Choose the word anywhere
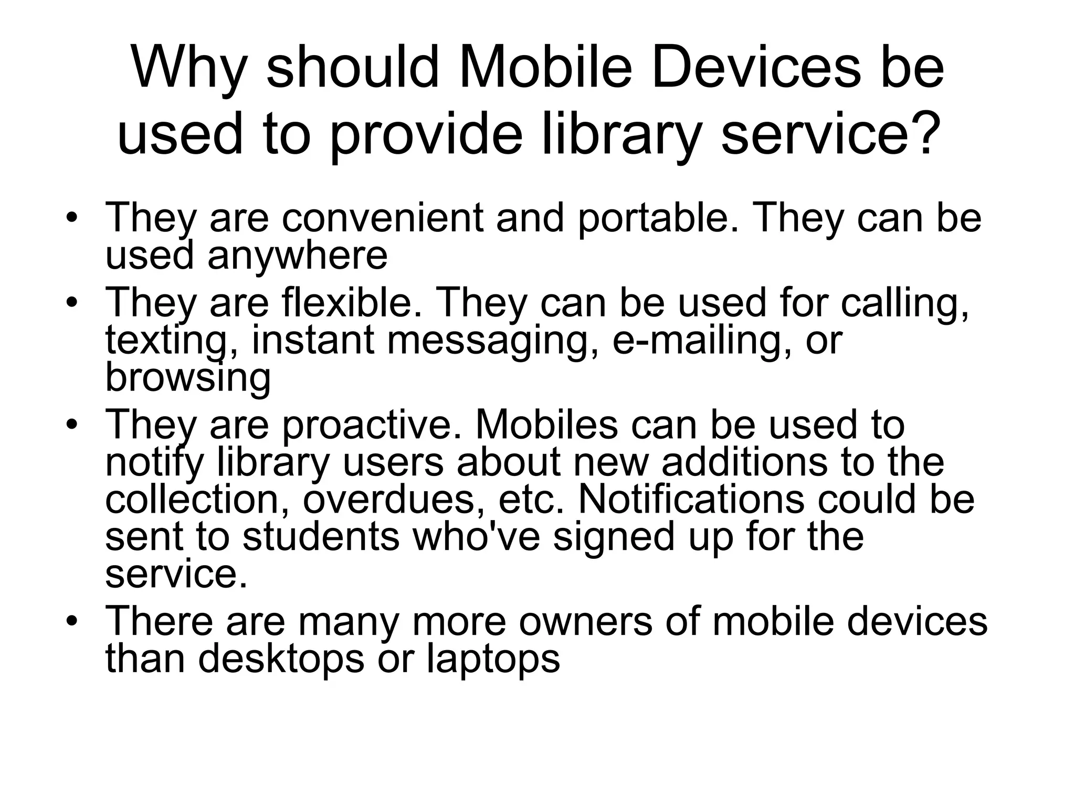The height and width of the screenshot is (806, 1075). tap(297, 256)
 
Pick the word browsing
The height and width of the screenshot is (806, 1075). tap(188, 378)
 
